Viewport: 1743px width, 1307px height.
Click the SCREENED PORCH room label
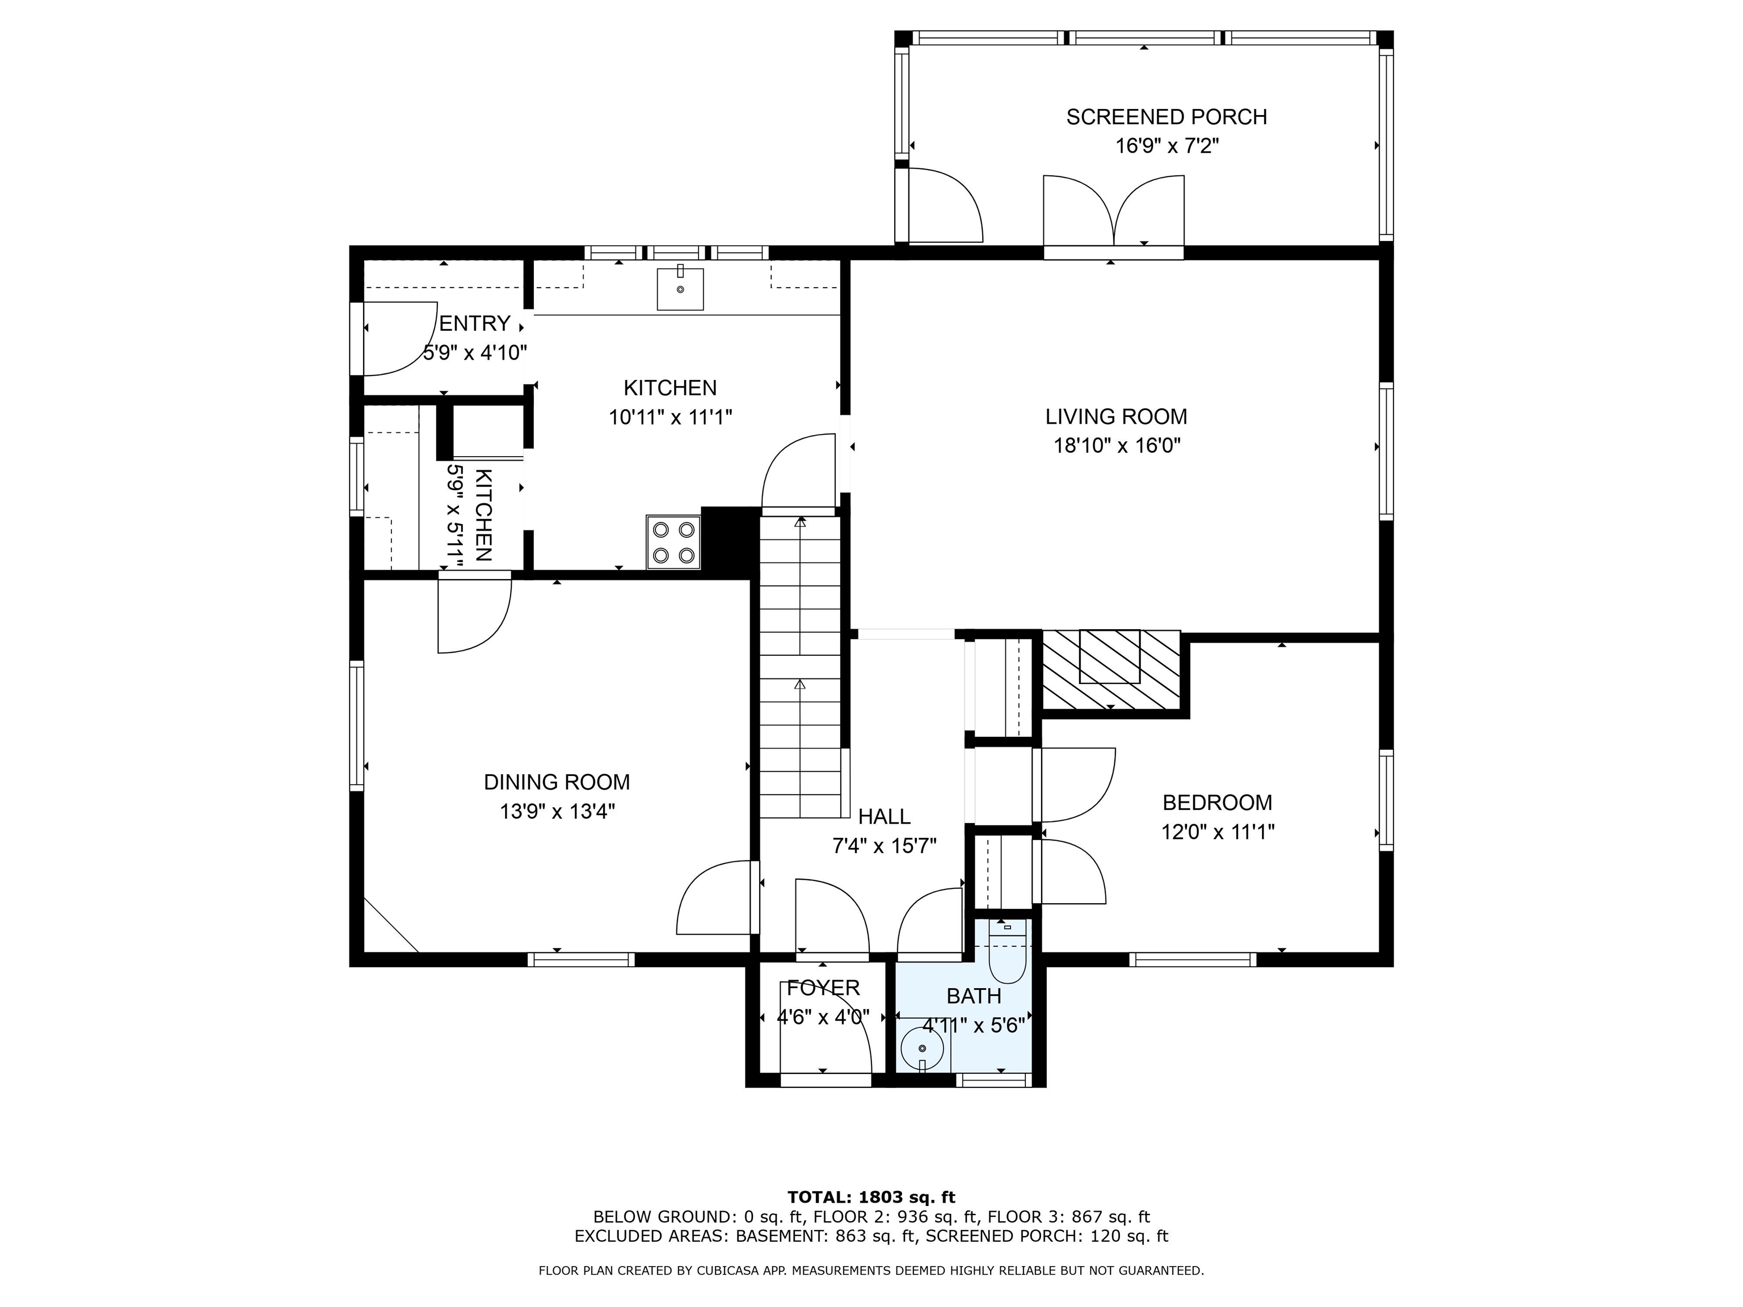1166,117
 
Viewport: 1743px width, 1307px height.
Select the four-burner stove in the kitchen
673,542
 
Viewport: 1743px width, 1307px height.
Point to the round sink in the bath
922,1048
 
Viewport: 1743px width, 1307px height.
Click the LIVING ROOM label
1116,417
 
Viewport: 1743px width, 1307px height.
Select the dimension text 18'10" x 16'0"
1117,446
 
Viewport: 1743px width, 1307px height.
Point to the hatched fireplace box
1111,668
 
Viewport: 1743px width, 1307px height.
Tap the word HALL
884,816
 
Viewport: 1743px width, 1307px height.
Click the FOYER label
823,988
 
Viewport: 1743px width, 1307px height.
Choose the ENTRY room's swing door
399,339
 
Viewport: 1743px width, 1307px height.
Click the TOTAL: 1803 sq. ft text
871,1198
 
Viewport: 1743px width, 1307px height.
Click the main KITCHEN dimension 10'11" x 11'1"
671,417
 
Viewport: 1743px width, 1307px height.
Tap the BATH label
974,996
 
